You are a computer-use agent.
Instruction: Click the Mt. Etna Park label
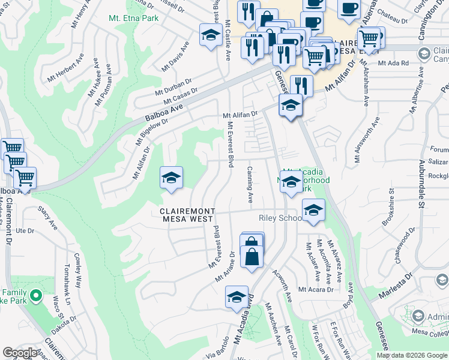click(x=133, y=19)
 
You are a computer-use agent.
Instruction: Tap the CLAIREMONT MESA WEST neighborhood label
click(x=186, y=215)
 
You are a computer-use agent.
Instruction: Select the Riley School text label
click(x=280, y=218)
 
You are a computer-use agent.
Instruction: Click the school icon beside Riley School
click(x=313, y=211)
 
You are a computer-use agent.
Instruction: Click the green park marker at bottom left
click(x=36, y=295)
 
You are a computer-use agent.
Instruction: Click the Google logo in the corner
click(x=21, y=353)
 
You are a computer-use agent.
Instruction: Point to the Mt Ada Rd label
click(x=393, y=62)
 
